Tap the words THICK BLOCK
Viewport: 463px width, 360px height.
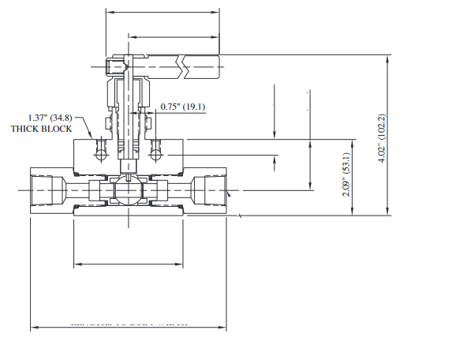[41, 129]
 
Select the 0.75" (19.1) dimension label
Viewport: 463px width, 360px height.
[183, 107]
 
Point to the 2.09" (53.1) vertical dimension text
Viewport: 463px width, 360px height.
[346, 174]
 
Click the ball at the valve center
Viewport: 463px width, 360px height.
[126, 190]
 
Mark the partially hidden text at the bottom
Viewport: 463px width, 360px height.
[130, 323]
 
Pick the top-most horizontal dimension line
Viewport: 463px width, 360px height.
[162, 12]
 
